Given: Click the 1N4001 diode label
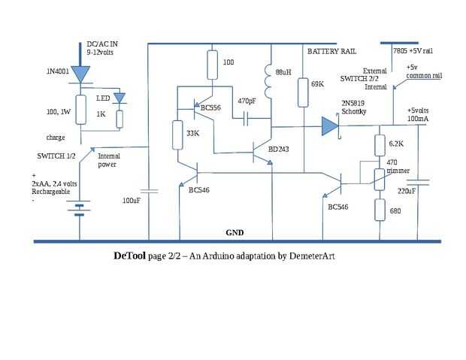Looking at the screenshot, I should click(59, 72).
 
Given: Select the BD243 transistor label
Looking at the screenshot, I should click(279, 150).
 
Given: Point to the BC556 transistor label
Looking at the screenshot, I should click(210, 108).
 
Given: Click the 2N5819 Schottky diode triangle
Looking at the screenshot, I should click(329, 126).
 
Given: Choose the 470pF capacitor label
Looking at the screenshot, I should click(247, 100).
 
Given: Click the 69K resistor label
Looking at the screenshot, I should click(317, 84).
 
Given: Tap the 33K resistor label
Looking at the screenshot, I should click(192, 133).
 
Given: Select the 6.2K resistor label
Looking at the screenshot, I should click(396, 142).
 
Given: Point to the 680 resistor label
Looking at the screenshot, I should click(395, 211).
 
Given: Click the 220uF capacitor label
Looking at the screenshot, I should click(406, 191).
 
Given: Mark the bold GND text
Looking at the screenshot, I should click(235, 233).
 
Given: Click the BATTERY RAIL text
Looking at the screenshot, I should click(331, 51).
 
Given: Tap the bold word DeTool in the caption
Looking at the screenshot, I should click(130, 256).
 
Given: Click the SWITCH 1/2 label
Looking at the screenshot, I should click(56, 156).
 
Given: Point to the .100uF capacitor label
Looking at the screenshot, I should click(131, 201).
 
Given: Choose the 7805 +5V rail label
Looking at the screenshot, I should click(413, 51).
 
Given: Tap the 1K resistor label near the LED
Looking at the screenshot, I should click(101, 115).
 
